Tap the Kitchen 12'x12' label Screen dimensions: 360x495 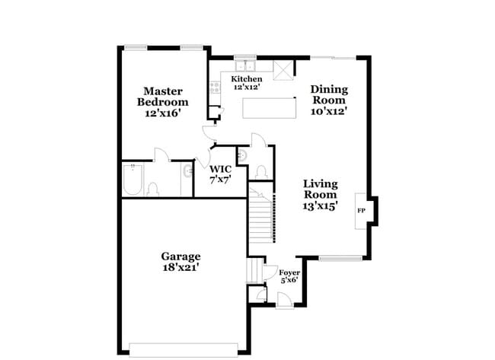point(247,83)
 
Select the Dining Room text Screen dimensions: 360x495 point(328,100)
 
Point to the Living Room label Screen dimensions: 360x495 point(320,194)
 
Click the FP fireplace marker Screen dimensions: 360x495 point(360,210)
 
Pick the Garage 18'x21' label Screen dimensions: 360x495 point(180,262)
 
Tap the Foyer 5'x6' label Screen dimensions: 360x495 point(289,276)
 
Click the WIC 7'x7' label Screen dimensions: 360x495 point(221,174)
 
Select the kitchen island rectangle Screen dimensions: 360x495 point(269,107)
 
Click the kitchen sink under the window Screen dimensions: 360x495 point(245,66)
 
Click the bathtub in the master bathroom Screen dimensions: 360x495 point(133,182)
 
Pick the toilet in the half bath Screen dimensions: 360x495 point(260,172)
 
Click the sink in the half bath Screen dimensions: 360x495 point(241,156)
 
